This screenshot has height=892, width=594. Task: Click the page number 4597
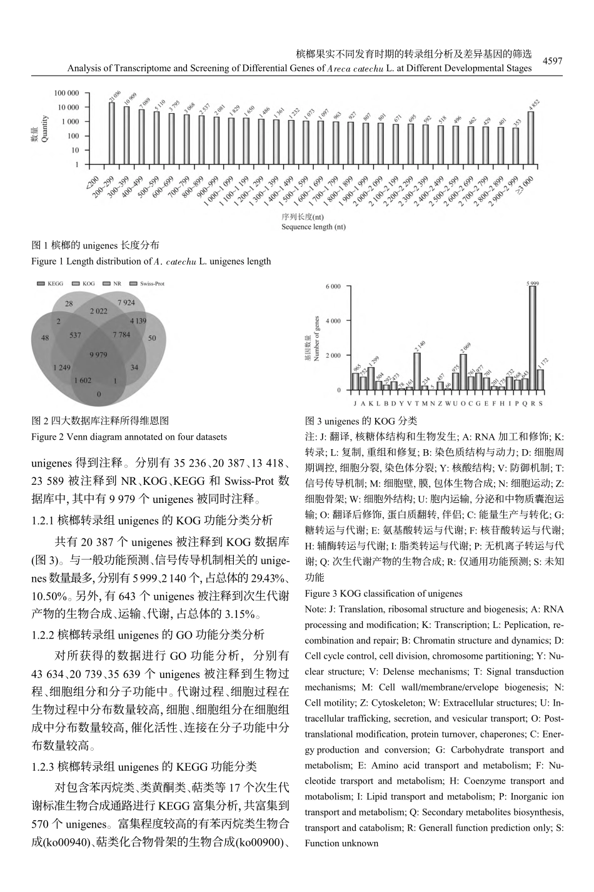point(552,61)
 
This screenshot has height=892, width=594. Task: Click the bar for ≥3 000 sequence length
point(531,138)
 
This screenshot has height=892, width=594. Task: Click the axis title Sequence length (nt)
point(313,226)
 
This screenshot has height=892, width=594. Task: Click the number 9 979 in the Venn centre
point(98,355)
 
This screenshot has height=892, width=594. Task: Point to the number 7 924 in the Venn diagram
point(126,303)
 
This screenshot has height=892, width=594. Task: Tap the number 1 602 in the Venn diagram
point(83,380)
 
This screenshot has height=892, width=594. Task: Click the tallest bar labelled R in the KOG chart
point(532,338)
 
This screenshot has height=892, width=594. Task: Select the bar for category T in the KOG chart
point(416,371)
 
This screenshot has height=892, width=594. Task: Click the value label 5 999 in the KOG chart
point(533,283)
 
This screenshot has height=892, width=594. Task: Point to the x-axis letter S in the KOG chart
point(541,403)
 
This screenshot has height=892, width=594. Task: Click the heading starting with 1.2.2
point(148,635)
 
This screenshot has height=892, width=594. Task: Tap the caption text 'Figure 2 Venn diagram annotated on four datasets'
point(129,437)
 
